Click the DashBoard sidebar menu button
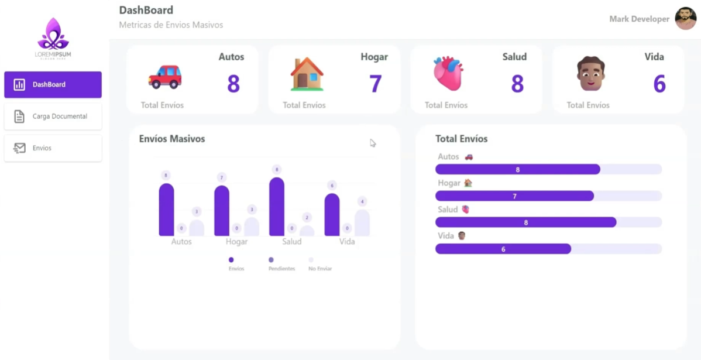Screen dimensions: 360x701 tap(53, 85)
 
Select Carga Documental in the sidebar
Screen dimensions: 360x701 tap(53, 116)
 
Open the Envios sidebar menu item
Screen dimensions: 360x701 tap(53, 148)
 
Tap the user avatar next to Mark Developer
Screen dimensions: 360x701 tap(685, 19)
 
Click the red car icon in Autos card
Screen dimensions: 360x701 tap(165, 77)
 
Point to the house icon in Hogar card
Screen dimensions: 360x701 tap(307, 74)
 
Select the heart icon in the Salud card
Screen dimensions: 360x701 tap(448, 74)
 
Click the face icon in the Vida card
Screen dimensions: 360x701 tap(590, 74)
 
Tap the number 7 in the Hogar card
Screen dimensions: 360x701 tap(375, 84)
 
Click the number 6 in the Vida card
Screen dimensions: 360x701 tap(659, 84)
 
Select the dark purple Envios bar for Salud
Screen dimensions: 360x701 tap(277, 207)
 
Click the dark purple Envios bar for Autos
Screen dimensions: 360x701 tap(166, 210)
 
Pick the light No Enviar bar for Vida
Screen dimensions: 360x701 tap(362, 223)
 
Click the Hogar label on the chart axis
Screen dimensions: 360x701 tap(236, 242)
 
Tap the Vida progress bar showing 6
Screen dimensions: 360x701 tap(503, 249)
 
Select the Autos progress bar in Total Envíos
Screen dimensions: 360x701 tap(518, 169)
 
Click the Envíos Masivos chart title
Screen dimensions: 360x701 tap(172, 139)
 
